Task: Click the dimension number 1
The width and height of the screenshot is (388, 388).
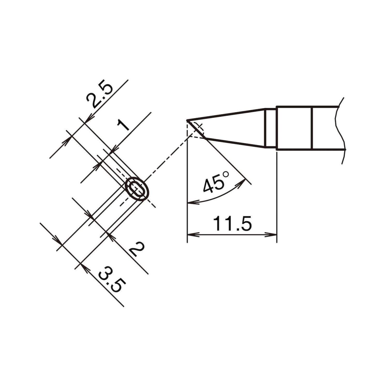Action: click(123, 125)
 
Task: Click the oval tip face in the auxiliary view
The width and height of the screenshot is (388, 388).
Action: click(137, 189)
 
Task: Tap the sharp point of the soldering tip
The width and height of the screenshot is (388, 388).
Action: click(187, 121)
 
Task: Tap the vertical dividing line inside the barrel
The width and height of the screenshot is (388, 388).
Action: click(312, 128)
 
